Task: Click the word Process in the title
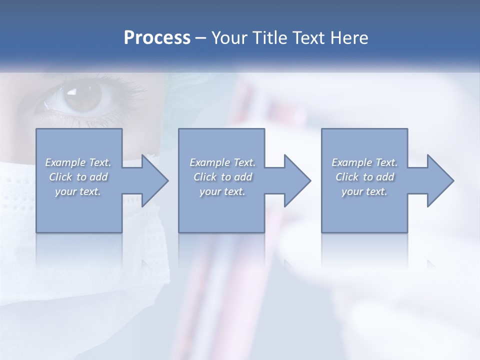(157, 38)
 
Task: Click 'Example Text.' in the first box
(78, 162)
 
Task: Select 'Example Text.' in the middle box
(222, 162)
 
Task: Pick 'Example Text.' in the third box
(364, 162)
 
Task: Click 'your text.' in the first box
(78, 191)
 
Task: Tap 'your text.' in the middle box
(222, 191)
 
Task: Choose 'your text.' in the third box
(364, 191)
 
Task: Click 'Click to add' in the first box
(78, 177)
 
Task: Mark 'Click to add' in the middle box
(222, 177)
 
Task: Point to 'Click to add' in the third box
(364, 177)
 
